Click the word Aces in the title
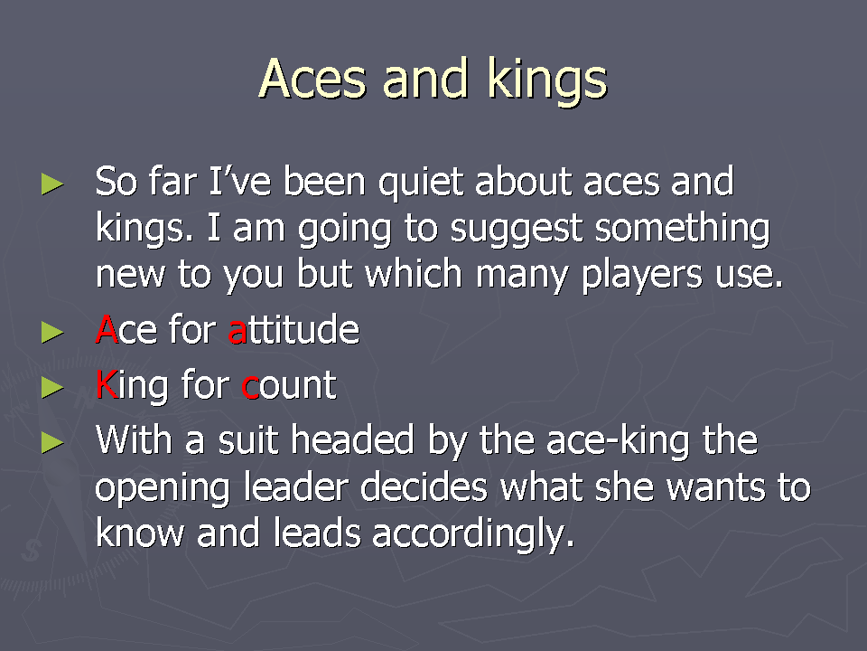(x=312, y=79)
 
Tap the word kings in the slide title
(x=547, y=81)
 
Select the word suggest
(x=517, y=231)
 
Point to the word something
(x=683, y=230)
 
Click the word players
(x=642, y=275)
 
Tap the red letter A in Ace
(x=107, y=329)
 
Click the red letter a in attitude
(x=237, y=332)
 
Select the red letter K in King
(x=107, y=384)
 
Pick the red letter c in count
(x=250, y=387)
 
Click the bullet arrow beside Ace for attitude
(x=52, y=333)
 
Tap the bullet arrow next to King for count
(x=52, y=388)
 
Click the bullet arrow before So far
(x=52, y=184)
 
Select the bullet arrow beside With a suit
(x=52, y=442)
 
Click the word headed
(x=353, y=440)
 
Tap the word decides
(x=424, y=487)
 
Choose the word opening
(x=162, y=490)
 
